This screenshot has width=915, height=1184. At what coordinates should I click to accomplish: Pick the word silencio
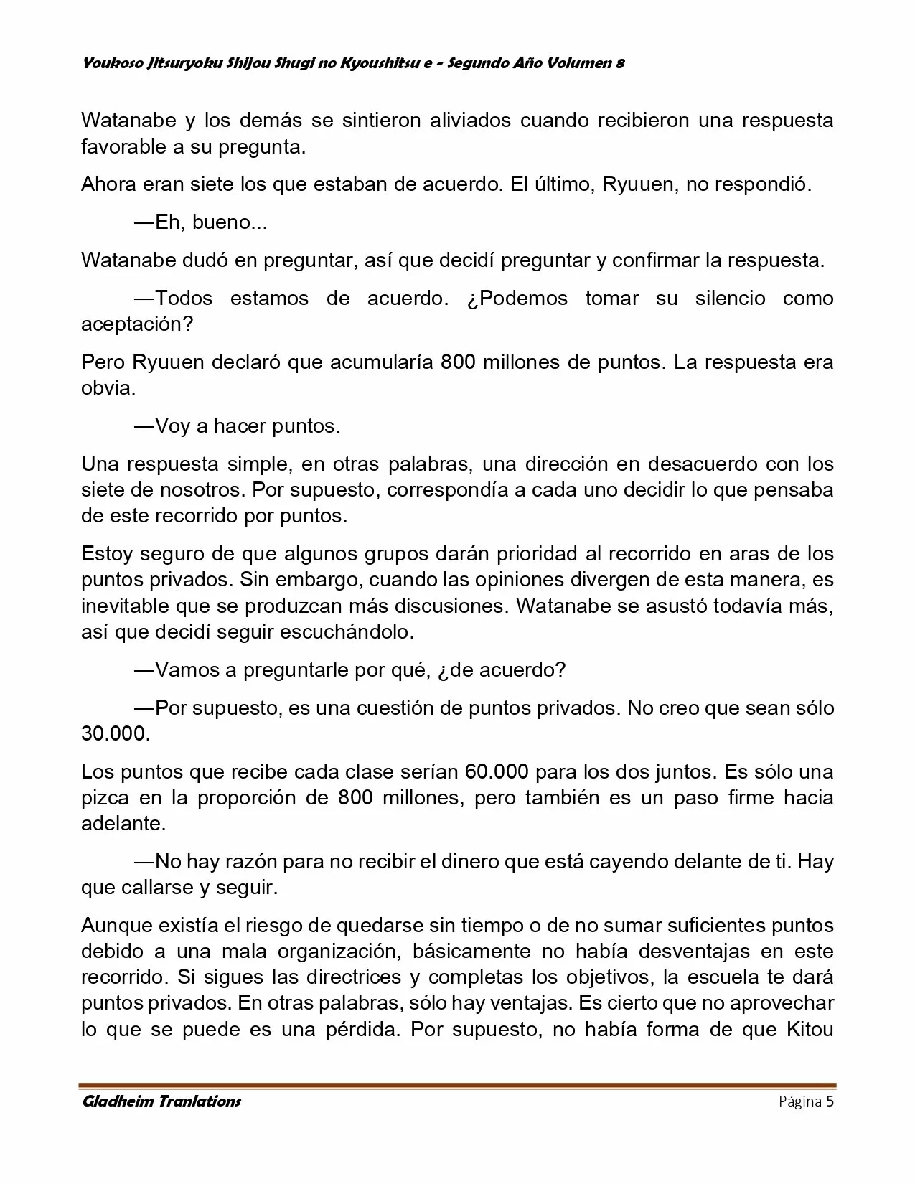(730, 298)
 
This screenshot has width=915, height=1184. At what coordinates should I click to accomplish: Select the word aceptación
(137, 324)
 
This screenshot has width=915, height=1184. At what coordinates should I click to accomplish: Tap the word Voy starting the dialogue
(172, 426)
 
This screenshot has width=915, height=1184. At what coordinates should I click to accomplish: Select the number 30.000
(115, 734)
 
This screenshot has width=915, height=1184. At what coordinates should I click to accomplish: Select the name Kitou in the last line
(810, 1030)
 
